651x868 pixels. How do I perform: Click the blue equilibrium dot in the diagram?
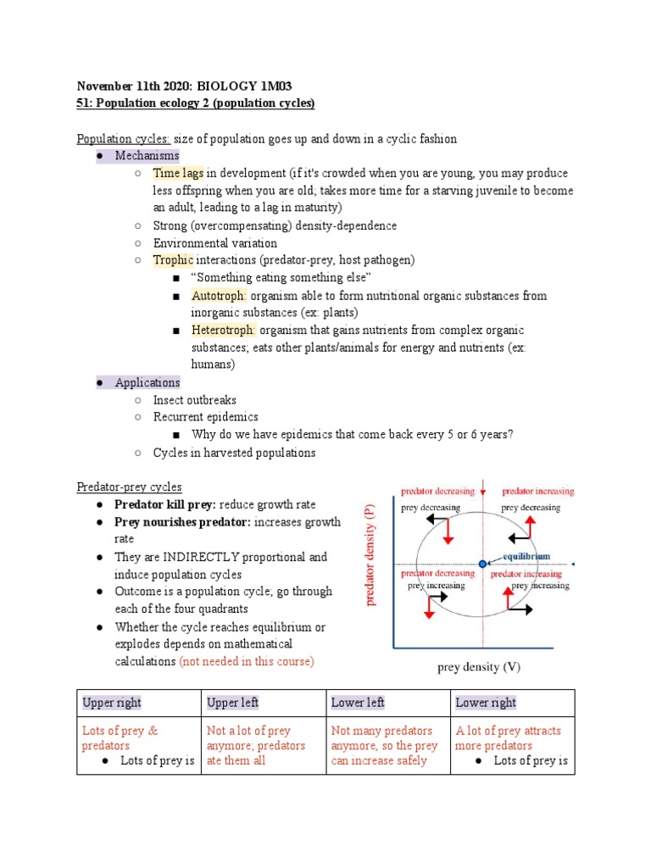tap(482, 564)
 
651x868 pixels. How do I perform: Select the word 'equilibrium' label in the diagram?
tap(526, 557)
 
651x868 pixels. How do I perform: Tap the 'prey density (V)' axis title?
tap(479, 667)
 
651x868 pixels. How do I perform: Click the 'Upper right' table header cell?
tap(112, 703)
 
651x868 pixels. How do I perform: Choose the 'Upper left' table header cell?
tap(233, 703)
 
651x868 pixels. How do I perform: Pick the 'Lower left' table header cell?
tap(358, 703)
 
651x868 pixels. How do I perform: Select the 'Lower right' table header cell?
tap(486, 703)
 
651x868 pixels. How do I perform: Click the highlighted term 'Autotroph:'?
tap(219, 296)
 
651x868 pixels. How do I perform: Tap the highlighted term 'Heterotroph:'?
tap(224, 331)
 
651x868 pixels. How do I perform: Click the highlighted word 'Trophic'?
tap(173, 260)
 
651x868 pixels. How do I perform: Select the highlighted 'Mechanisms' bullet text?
tap(147, 156)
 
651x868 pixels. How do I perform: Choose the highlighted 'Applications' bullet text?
tap(147, 382)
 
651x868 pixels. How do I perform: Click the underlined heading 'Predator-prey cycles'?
tap(129, 487)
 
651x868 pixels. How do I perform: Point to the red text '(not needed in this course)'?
tap(247, 661)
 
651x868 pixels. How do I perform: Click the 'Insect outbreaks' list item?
tap(194, 400)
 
